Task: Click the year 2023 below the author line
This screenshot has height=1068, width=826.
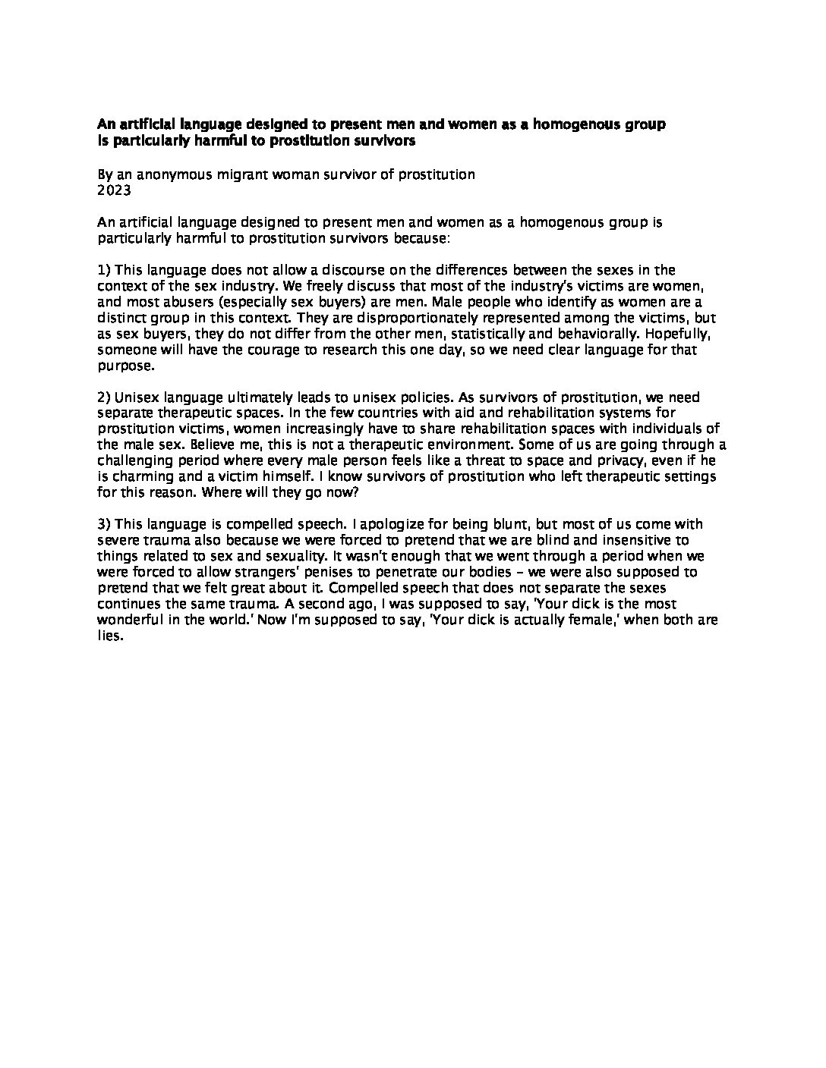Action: point(114,190)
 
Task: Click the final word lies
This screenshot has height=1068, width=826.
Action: point(109,636)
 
